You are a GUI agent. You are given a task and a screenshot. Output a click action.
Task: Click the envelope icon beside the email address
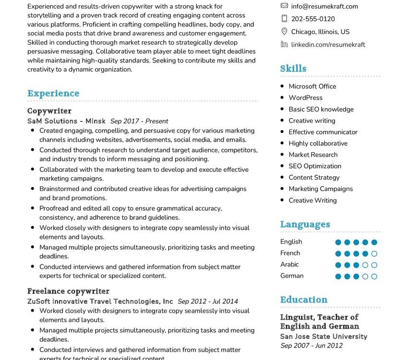[284, 6]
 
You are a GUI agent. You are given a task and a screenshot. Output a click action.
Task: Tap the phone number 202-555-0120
[313, 19]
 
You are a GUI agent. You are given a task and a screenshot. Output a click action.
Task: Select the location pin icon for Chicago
[284, 32]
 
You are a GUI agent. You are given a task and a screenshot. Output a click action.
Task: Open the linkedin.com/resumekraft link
[328, 45]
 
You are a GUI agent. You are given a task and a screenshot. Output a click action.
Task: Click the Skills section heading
[293, 69]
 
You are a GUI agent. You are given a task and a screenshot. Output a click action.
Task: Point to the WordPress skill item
[305, 97]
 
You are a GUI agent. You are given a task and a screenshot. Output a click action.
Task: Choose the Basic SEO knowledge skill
[321, 109]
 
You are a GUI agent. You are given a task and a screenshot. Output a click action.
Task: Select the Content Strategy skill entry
[314, 178]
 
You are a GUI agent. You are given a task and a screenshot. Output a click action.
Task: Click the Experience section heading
[53, 94]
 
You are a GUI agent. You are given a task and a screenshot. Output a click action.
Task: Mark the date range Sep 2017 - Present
[139, 121]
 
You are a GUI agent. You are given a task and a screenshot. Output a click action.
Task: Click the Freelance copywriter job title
[68, 291]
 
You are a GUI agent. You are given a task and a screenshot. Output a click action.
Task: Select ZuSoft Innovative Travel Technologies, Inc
[100, 301]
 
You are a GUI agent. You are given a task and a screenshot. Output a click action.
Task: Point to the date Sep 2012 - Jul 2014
[207, 302]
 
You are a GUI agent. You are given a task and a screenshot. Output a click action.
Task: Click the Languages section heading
[305, 225]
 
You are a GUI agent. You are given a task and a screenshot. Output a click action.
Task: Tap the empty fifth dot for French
[374, 254]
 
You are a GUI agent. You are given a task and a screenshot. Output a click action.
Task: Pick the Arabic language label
[289, 264]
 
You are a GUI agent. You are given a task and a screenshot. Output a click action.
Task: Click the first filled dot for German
[338, 276]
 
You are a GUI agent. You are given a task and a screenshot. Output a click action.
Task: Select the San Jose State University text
[324, 337]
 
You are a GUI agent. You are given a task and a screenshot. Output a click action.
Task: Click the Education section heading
[304, 300]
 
